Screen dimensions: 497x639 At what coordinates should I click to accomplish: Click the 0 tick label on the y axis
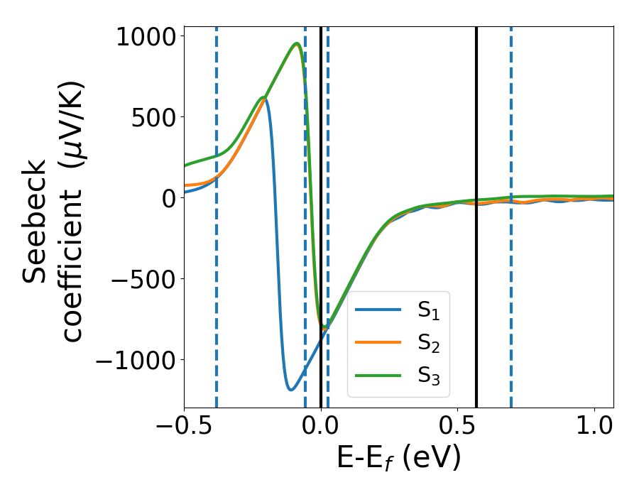(168, 198)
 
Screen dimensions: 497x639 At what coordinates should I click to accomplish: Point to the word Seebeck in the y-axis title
(35, 222)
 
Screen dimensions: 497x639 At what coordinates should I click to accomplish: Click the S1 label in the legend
(429, 310)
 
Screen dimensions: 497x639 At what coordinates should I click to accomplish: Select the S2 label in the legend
(429, 344)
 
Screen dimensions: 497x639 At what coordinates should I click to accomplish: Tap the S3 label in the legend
(429, 377)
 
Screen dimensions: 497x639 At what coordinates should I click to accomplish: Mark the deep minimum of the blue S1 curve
(290, 389)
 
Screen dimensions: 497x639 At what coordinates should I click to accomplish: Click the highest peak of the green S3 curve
(296, 43)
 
